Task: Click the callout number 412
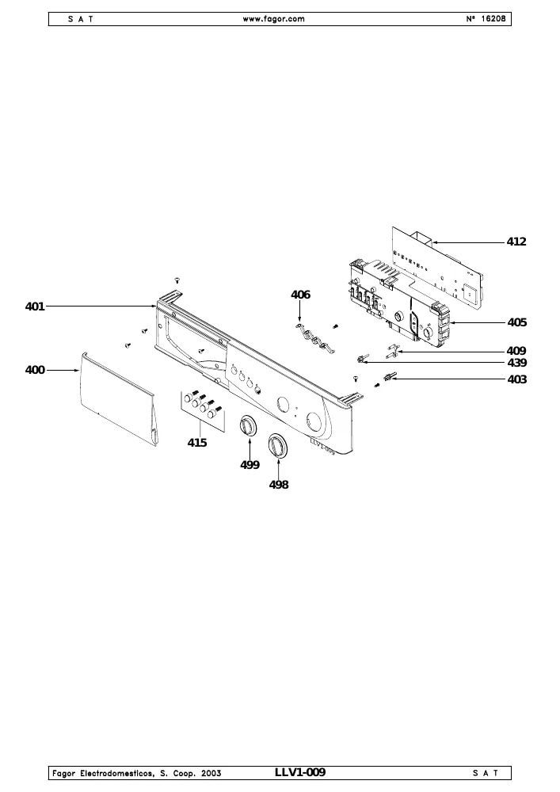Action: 516,242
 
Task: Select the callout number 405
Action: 516,322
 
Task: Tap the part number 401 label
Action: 35,307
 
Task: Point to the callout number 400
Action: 35,370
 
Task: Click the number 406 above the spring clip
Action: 300,295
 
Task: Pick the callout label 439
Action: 516,363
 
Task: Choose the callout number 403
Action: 516,379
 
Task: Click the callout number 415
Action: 197,443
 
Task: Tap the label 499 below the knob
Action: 250,465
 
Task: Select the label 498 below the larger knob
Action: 279,485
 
